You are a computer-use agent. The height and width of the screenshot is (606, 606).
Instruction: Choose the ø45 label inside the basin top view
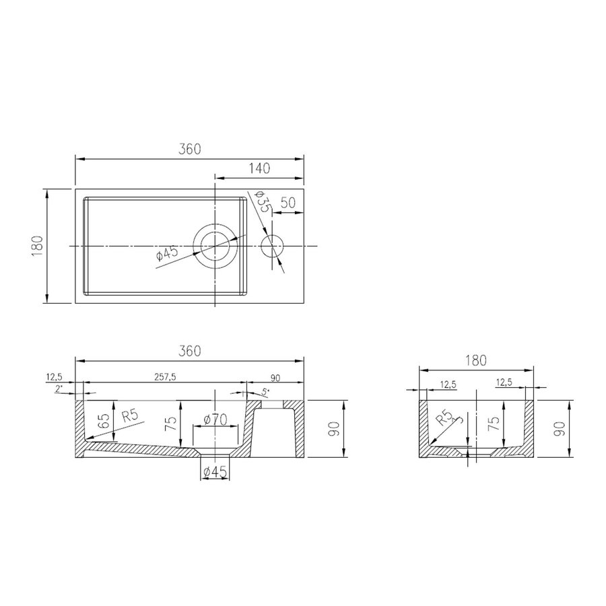(166, 254)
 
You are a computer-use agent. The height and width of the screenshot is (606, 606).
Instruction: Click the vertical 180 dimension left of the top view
(37, 246)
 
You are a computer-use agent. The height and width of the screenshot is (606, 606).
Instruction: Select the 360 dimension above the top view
(191, 149)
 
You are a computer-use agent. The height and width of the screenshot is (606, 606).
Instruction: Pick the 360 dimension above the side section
(191, 351)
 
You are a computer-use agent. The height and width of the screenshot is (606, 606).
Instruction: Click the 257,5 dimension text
(164, 377)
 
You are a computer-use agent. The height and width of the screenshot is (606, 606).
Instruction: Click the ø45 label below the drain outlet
(215, 471)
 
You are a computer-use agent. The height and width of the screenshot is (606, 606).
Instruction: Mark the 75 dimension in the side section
(172, 423)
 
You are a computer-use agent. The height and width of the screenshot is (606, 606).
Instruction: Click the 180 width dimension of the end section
(476, 361)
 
